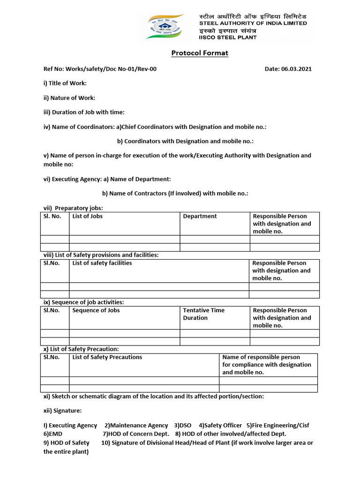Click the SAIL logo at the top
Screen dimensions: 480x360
pos(165,27)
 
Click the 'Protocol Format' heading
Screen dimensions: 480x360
pos(200,53)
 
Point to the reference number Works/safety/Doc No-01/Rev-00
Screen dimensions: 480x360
pos(111,69)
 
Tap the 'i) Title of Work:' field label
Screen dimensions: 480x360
pos(65,83)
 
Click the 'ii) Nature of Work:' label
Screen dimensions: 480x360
pos(69,97)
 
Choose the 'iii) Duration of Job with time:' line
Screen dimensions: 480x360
pos(84,112)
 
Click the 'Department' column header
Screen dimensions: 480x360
pos(200,216)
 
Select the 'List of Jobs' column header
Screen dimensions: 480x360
pos(87,216)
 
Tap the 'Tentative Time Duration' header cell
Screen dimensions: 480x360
pos(203,314)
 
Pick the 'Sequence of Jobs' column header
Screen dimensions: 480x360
pos(96,310)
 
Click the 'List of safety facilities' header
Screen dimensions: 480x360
pos(102,263)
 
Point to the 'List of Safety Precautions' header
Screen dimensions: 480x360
pos(107,357)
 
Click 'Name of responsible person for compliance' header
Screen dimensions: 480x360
pos(266,364)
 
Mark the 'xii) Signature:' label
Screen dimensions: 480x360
pos(62,411)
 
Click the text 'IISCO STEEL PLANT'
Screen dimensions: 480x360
pos(228,37)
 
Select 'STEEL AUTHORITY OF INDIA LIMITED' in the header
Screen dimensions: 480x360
pos(253,23)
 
